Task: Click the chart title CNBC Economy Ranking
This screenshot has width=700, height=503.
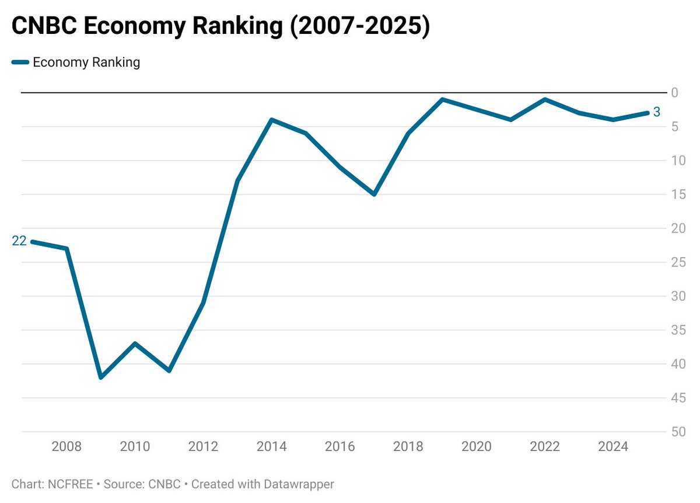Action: coord(220,27)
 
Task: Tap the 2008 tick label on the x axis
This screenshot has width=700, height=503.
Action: coord(66,447)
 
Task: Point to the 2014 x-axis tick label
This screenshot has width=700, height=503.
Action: coord(271,447)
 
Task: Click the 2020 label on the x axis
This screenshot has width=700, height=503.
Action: coord(477,447)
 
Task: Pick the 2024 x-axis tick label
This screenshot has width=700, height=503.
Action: coord(613,447)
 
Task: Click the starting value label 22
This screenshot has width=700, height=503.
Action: coord(19,241)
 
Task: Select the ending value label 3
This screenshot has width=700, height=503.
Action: coord(656,112)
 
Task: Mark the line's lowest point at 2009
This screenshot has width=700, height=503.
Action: coord(101,377)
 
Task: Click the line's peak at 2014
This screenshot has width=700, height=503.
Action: coord(271,120)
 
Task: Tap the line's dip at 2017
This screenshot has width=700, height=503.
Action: coord(374,195)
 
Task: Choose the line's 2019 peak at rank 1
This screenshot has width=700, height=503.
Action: coord(442,99)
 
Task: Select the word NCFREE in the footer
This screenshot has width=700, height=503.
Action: coord(64,484)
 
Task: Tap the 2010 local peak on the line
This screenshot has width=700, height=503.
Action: coord(135,344)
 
